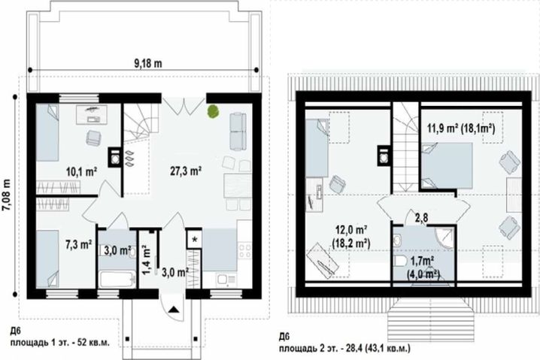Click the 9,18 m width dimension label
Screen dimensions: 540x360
(147, 64)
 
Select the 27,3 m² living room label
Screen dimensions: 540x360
(186, 171)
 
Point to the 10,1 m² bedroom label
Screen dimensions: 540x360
(82, 171)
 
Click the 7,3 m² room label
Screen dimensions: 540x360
(78, 244)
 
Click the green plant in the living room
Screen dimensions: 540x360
(213, 111)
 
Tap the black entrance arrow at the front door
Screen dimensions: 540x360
(174, 310)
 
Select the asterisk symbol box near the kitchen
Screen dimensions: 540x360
(195, 239)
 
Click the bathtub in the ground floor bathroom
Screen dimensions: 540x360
(117, 280)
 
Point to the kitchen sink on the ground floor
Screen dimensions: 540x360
(226, 280)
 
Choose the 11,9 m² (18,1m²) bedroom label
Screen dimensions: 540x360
(461, 129)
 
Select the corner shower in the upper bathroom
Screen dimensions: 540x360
(445, 237)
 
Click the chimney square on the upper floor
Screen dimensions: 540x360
(384, 156)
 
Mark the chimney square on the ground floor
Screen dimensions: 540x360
(115, 158)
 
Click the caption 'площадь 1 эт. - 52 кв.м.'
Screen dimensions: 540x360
(60, 343)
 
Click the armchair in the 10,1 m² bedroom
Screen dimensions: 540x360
(94, 138)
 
